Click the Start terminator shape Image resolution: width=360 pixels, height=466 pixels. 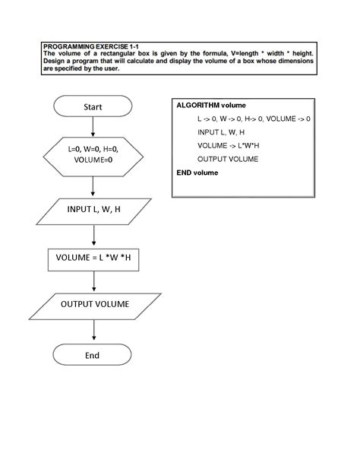(93, 107)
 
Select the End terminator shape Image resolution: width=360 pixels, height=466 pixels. (93, 355)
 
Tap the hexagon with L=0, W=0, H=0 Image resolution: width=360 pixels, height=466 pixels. (93, 154)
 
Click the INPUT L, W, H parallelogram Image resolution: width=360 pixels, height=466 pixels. (93, 210)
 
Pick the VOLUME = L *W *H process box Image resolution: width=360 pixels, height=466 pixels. (93, 259)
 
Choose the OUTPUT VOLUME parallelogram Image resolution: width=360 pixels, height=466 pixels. (94, 305)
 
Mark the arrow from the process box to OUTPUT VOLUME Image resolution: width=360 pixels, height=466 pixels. (93, 281)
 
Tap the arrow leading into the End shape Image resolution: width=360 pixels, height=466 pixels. (93, 330)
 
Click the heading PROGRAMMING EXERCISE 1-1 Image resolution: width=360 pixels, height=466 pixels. (91, 46)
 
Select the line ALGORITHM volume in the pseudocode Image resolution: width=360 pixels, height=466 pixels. (210, 105)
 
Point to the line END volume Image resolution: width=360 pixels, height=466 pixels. (197, 173)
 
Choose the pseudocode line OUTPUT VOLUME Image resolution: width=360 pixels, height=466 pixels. (228, 159)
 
